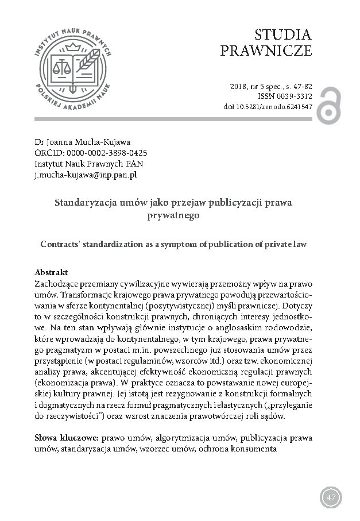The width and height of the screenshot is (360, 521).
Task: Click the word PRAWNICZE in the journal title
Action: pos(266,51)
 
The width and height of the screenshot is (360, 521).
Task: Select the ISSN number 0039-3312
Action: pos(294,97)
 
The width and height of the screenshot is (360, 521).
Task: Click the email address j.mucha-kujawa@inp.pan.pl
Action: pos(85,174)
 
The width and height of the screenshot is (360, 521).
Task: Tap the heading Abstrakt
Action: pos(52,271)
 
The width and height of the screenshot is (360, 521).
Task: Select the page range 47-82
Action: pos(301,87)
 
